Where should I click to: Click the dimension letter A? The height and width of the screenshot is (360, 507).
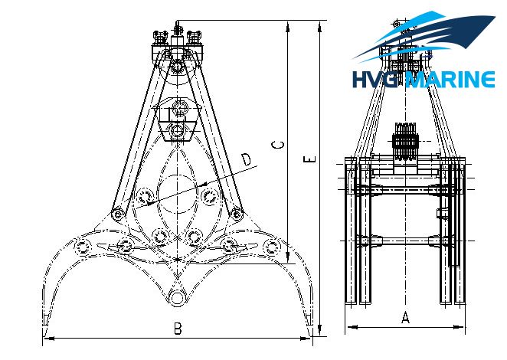coord(405,317)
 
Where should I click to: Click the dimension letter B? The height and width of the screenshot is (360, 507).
coord(178,329)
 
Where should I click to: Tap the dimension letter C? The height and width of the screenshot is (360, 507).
coord(279,145)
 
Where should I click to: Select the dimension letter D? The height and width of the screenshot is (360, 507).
coord(247,160)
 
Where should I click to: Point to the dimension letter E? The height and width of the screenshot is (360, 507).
coord(309,159)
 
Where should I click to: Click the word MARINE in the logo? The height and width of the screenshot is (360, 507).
coord(450,79)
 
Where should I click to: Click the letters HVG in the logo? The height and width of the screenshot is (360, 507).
coord(375,80)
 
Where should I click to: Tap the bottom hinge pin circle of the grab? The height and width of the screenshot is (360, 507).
coord(177,297)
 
